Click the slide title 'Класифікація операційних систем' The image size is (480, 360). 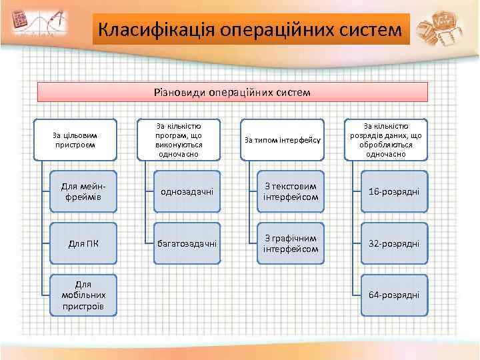pos(251,30)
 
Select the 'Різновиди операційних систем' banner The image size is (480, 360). pos(232,92)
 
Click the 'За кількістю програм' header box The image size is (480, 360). pos(178,140)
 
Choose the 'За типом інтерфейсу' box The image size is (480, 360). pos(282,140)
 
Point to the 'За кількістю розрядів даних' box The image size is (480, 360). pos(385,140)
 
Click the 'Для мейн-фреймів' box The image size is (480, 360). pos(84,192)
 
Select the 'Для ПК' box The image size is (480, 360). pos(84,243)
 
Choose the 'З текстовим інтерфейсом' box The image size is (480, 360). pos(291,192)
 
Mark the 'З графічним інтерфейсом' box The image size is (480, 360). pos(291,243)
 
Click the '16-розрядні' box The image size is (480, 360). pos(394,192)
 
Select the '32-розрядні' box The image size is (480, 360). pos(394,243)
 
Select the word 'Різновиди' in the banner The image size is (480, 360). pos(177,92)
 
